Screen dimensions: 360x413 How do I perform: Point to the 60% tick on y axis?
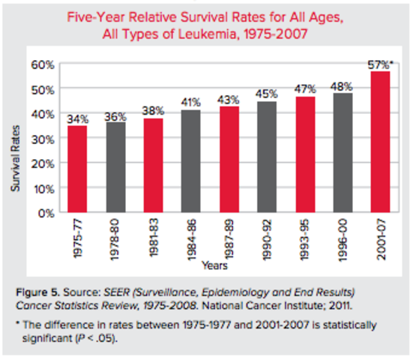(x=43, y=64)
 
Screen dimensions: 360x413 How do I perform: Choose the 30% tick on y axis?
(x=43, y=139)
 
